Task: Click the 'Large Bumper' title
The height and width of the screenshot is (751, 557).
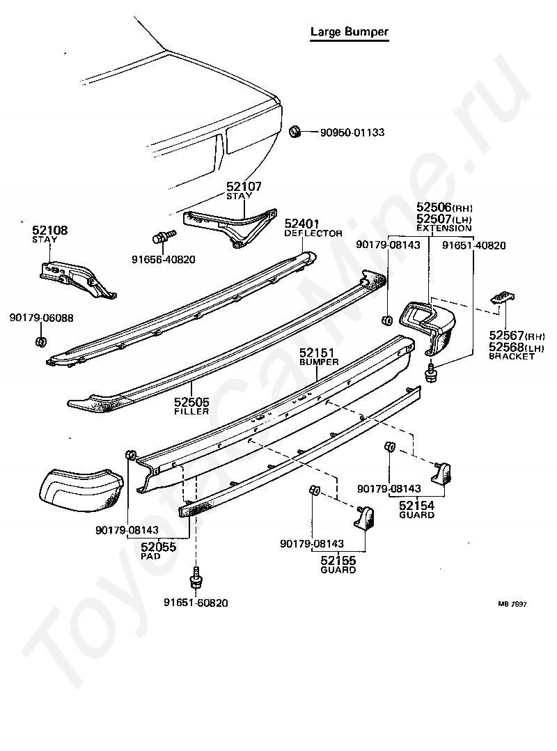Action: pyautogui.click(x=349, y=32)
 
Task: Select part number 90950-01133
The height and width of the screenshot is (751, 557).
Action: pyautogui.click(x=352, y=132)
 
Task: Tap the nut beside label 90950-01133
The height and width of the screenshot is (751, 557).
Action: pyautogui.click(x=295, y=131)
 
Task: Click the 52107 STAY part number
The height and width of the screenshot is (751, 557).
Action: pyautogui.click(x=244, y=187)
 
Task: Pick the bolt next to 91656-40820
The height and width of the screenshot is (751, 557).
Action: pyautogui.click(x=162, y=240)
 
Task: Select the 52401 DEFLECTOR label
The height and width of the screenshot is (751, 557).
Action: pyautogui.click(x=301, y=224)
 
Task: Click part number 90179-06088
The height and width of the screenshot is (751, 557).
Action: pyautogui.click(x=41, y=318)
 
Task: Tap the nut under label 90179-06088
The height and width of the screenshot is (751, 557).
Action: pyautogui.click(x=40, y=341)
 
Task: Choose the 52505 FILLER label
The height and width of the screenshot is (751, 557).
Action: pyautogui.click(x=191, y=402)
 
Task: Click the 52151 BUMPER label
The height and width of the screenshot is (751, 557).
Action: pyautogui.click(x=318, y=353)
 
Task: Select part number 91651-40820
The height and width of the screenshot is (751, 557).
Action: pyautogui.click(x=474, y=245)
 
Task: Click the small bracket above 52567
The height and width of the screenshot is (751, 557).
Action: pyautogui.click(x=502, y=297)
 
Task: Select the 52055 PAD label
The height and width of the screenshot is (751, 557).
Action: pyautogui.click(x=158, y=548)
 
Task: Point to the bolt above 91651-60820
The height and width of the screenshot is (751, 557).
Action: pyautogui.click(x=196, y=580)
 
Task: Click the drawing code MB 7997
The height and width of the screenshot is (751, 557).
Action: pyautogui.click(x=511, y=604)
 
